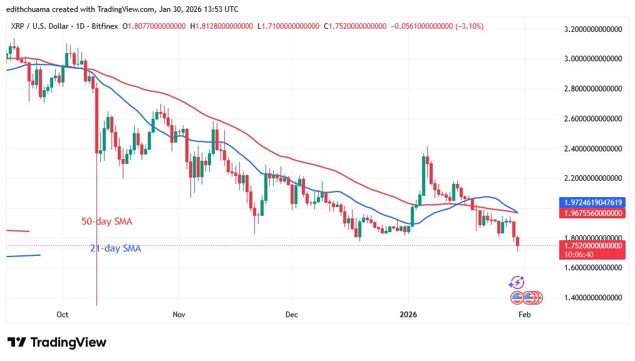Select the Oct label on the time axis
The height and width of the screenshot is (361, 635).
pos(62,315)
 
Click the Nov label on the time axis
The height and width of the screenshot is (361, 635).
pos(179,315)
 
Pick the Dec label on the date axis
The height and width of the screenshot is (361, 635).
pos(291,315)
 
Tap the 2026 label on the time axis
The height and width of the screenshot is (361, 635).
pos(408,315)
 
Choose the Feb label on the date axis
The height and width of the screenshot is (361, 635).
pos(524,315)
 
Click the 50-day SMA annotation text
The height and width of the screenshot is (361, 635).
pos(107,221)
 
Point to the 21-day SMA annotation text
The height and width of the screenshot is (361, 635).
pos(115,248)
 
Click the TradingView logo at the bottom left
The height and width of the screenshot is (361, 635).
pos(57,342)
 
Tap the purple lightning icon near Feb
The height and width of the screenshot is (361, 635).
pos(517,282)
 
